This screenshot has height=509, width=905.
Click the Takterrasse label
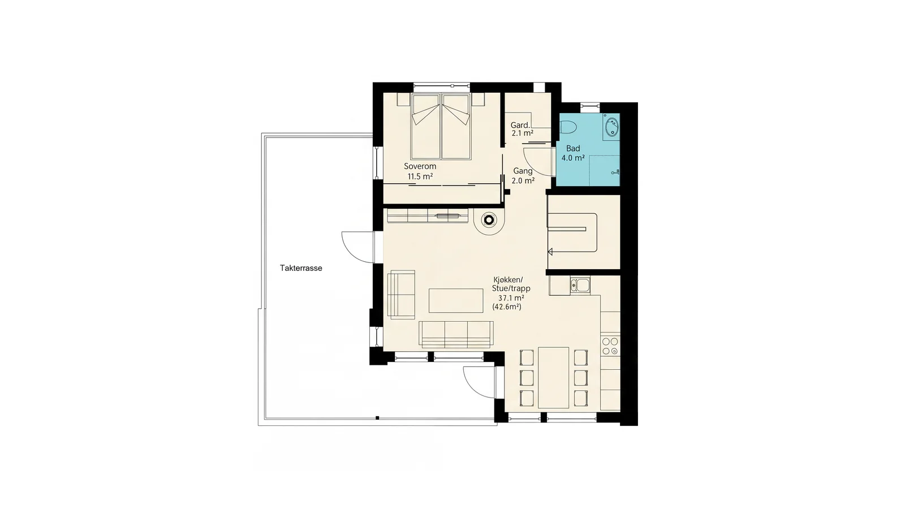click(301, 268)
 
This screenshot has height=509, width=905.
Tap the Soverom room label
click(420, 166)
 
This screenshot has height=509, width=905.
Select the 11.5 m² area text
click(420, 176)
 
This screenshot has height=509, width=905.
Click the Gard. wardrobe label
click(520, 125)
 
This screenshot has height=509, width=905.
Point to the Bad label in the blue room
click(573, 148)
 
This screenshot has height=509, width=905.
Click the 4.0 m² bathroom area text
click(573, 158)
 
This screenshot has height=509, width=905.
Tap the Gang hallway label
click(523, 171)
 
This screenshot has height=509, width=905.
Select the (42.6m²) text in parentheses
click(507, 307)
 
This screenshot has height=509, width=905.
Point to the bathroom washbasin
click(611, 127)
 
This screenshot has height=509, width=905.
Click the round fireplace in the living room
click(489, 220)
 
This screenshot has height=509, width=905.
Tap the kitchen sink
click(580, 286)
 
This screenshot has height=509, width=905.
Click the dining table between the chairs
click(554, 377)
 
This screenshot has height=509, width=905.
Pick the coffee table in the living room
click(456, 300)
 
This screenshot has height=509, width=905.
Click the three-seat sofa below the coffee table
click(456, 334)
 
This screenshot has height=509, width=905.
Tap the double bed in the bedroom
click(441, 126)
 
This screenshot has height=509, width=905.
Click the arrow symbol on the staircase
click(550, 252)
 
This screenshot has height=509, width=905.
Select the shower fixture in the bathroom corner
click(616, 172)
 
